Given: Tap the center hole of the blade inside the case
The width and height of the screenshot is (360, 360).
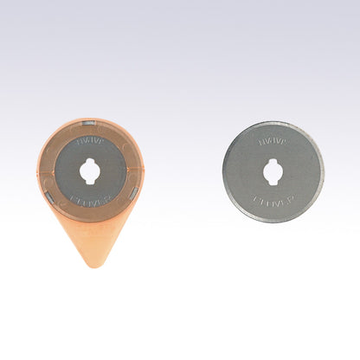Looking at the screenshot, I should (x=90, y=170).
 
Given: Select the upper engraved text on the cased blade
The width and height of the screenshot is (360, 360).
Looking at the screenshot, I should (x=90, y=139).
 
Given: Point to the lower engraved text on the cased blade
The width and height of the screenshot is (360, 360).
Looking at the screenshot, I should (x=90, y=201).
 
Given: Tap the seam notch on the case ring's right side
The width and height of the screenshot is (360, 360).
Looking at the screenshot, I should (x=140, y=170).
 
